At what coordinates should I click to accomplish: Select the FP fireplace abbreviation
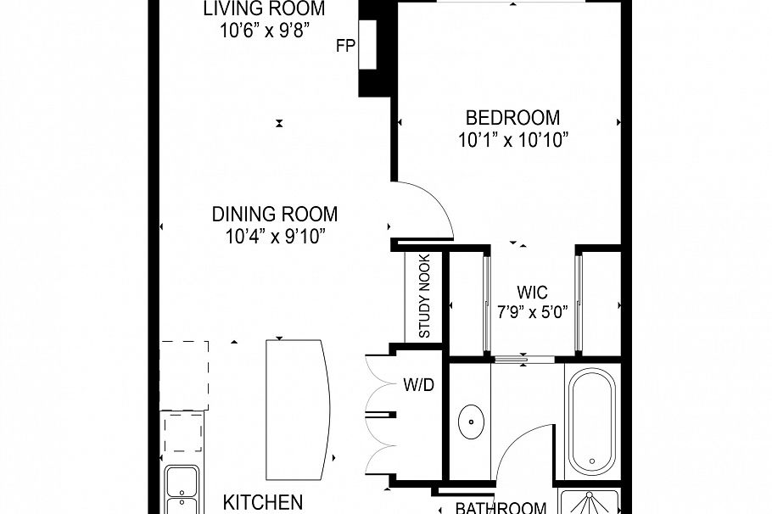(x=344, y=47)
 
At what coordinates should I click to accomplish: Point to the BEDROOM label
(x=512, y=118)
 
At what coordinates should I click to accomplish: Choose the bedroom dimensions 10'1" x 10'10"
(x=512, y=140)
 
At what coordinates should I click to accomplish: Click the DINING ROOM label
(x=275, y=215)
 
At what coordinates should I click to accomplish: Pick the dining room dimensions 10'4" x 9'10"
(x=275, y=237)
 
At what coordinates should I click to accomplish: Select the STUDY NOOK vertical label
(x=424, y=297)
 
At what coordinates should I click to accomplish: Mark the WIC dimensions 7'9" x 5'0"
(x=532, y=310)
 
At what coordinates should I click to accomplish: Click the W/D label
(x=418, y=386)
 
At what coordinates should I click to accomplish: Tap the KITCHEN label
(x=262, y=502)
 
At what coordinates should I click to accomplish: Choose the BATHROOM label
(x=501, y=508)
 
